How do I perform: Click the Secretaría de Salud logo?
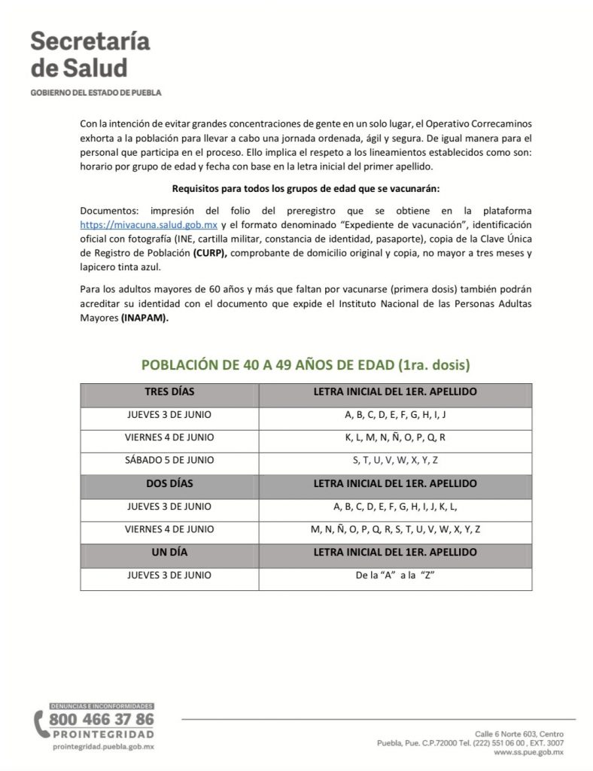(79, 56)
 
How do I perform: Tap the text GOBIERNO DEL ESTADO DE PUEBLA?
(96, 93)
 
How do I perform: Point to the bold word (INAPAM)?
(144, 318)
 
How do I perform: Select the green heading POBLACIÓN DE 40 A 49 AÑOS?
(306, 365)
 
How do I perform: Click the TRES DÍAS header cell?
(169, 392)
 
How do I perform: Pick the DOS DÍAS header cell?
(169, 483)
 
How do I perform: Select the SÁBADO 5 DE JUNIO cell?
(169, 460)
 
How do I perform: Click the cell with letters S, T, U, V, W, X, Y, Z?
(395, 460)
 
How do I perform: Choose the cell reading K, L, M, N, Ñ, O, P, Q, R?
(395, 437)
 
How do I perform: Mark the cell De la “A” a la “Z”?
(395, 575)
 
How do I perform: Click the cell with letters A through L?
(395, 506)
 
